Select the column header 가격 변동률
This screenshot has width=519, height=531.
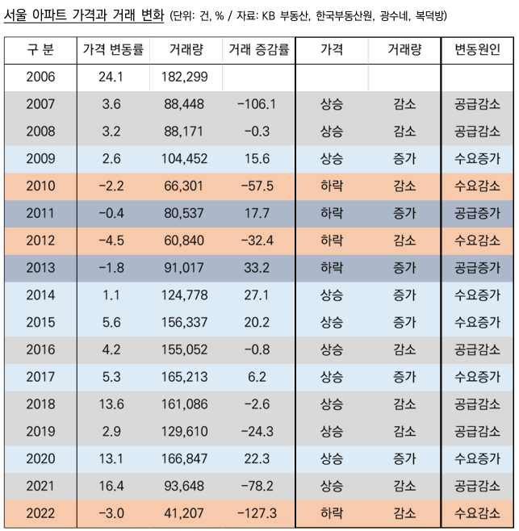point(113,50)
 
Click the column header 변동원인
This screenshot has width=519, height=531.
point(477,50)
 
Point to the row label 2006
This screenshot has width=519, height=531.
point(40,77)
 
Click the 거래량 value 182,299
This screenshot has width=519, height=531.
point(186,77)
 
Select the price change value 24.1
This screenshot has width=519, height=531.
point(113,77)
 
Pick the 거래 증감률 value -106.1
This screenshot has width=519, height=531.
point(257,104)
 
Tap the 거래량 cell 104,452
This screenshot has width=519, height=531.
point(186,159)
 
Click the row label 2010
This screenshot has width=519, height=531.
point(40,186)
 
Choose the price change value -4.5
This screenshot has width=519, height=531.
point(113,241)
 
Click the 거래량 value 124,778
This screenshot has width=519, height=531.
point(186,295)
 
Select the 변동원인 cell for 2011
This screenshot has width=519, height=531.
point(477,214)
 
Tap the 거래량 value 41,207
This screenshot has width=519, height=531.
point(186,513)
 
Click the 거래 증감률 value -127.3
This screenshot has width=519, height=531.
point(257,513)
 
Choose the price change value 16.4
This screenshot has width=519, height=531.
point(113,486)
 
